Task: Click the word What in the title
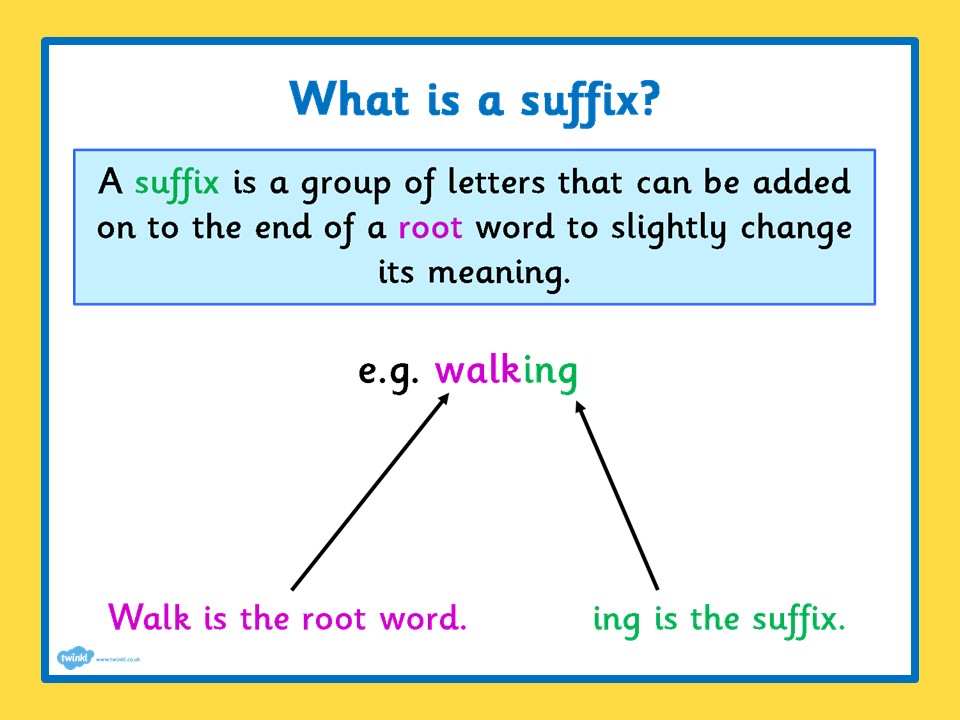(348, 98)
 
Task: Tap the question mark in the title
(648, 98)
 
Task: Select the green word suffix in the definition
(177, 183)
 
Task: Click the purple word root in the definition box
(430, 228)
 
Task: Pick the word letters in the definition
(496, 182)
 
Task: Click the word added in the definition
(801, 182)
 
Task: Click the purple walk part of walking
(478, 370)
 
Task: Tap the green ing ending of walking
(550, 373)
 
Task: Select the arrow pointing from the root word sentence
(370, 492)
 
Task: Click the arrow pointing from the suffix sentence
(617, 496)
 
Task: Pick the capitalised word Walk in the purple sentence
(149, 617)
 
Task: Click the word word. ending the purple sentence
(423, 618)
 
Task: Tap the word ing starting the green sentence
(617, 621)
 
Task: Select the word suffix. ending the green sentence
(799, 620)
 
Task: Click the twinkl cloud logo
(75, 658)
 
